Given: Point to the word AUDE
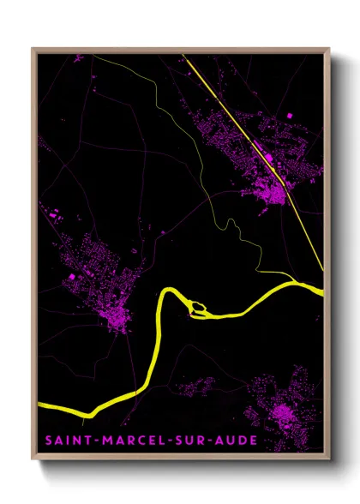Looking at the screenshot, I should (234, 441).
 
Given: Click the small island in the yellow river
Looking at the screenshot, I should (198, 305).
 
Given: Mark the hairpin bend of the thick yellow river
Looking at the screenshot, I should (165, 296).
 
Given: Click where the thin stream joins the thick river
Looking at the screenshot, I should (295, 280).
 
